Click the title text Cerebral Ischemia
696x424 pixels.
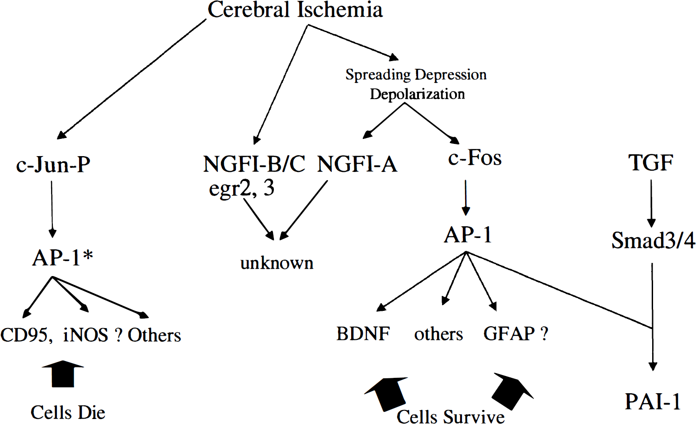[x=295, y=10]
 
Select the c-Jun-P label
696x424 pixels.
[x=53, y=164]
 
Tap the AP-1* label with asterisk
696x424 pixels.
[x=62, y=257]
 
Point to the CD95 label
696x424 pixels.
[x=26, y=335]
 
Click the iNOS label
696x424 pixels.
[x=85, y=335]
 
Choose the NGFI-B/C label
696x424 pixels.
[x=254, y=164]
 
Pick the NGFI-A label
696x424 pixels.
[x=357, y=164]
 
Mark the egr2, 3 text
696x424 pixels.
[x=242, y=188]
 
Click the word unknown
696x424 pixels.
[x=277, y=263]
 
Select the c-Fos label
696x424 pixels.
[x=475, y=158]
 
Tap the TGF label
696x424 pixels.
[x=651, y=162]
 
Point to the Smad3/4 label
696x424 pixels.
[x=653, y=240]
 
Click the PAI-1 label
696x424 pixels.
[x=653, y=402]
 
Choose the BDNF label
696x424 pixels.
[x=363, y=334]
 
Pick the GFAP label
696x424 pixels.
[x=509, y=334]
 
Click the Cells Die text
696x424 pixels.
[x=68, y=412]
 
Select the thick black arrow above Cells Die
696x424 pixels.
[x=63, y=374]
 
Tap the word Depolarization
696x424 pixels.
[x=417, y=94]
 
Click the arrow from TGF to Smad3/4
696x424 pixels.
[x=651, y=204]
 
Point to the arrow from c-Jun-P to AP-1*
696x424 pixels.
[x=52, y=210]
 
